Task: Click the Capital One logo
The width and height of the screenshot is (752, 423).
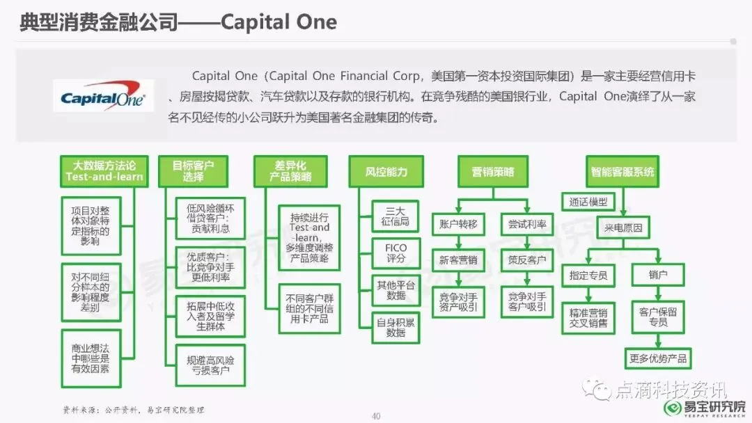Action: tap(103, 97)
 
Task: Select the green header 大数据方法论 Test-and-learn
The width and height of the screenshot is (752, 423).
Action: tap(104, 171)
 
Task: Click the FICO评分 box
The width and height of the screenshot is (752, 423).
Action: tap(396, 253)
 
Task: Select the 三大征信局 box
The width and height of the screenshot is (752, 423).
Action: tap(396, 216)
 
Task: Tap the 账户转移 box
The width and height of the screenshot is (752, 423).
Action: tap(458, 225)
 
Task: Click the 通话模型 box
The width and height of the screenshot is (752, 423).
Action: tap(588, 202)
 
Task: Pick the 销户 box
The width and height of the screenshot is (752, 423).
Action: tap(658, 275)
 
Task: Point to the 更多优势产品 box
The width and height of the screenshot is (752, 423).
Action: tap(658, 358)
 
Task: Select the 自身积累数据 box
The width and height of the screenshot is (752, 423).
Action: tap(396, 326)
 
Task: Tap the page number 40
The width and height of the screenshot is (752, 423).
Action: tap(376, 416)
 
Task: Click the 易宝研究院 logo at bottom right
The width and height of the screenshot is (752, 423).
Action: tap(703, 407)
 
